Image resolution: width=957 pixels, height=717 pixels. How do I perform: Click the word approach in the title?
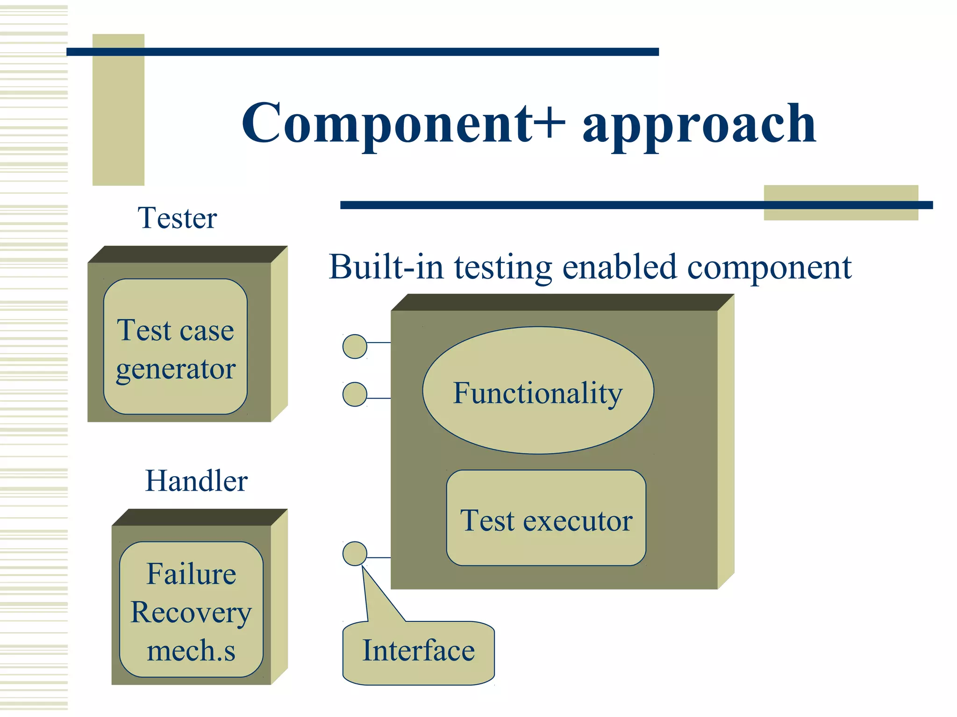pyautogui.click(x=699, y=125)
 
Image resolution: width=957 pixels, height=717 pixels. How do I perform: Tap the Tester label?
pyautogui.click(x=177, y=218)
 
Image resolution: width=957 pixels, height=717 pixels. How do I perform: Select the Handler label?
pyautogui.click(x=196, y=481)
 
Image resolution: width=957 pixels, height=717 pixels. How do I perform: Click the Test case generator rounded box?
pyautogui.click(x=175, y=346)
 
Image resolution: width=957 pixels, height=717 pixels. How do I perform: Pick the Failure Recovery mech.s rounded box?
pyautogui.click(x=191, y=609)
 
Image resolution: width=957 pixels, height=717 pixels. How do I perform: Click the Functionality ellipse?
pyautogui.click(x=538, y=390)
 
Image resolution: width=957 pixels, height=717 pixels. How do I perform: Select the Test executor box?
pyautogui.click(x=546, y=518)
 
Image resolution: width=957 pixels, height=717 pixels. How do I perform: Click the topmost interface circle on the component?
pyautogui.click(x=355, y=346)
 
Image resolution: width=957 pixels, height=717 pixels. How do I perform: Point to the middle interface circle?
pyautogui.click(x=355, y=394)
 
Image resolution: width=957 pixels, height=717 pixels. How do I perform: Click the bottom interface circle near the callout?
pyautogui.click(x=355, y=554)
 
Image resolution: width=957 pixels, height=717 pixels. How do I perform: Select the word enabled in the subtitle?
pyautogui.click(x=619, y=267)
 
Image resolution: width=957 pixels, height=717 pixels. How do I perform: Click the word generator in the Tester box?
pyautogui.click(x=176, y=370)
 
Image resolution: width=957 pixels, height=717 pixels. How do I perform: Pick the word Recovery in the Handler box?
pyautogui.click(x=191, y=613)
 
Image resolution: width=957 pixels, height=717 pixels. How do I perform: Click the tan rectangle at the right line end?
pyautogui.click(x=841, y=203)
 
